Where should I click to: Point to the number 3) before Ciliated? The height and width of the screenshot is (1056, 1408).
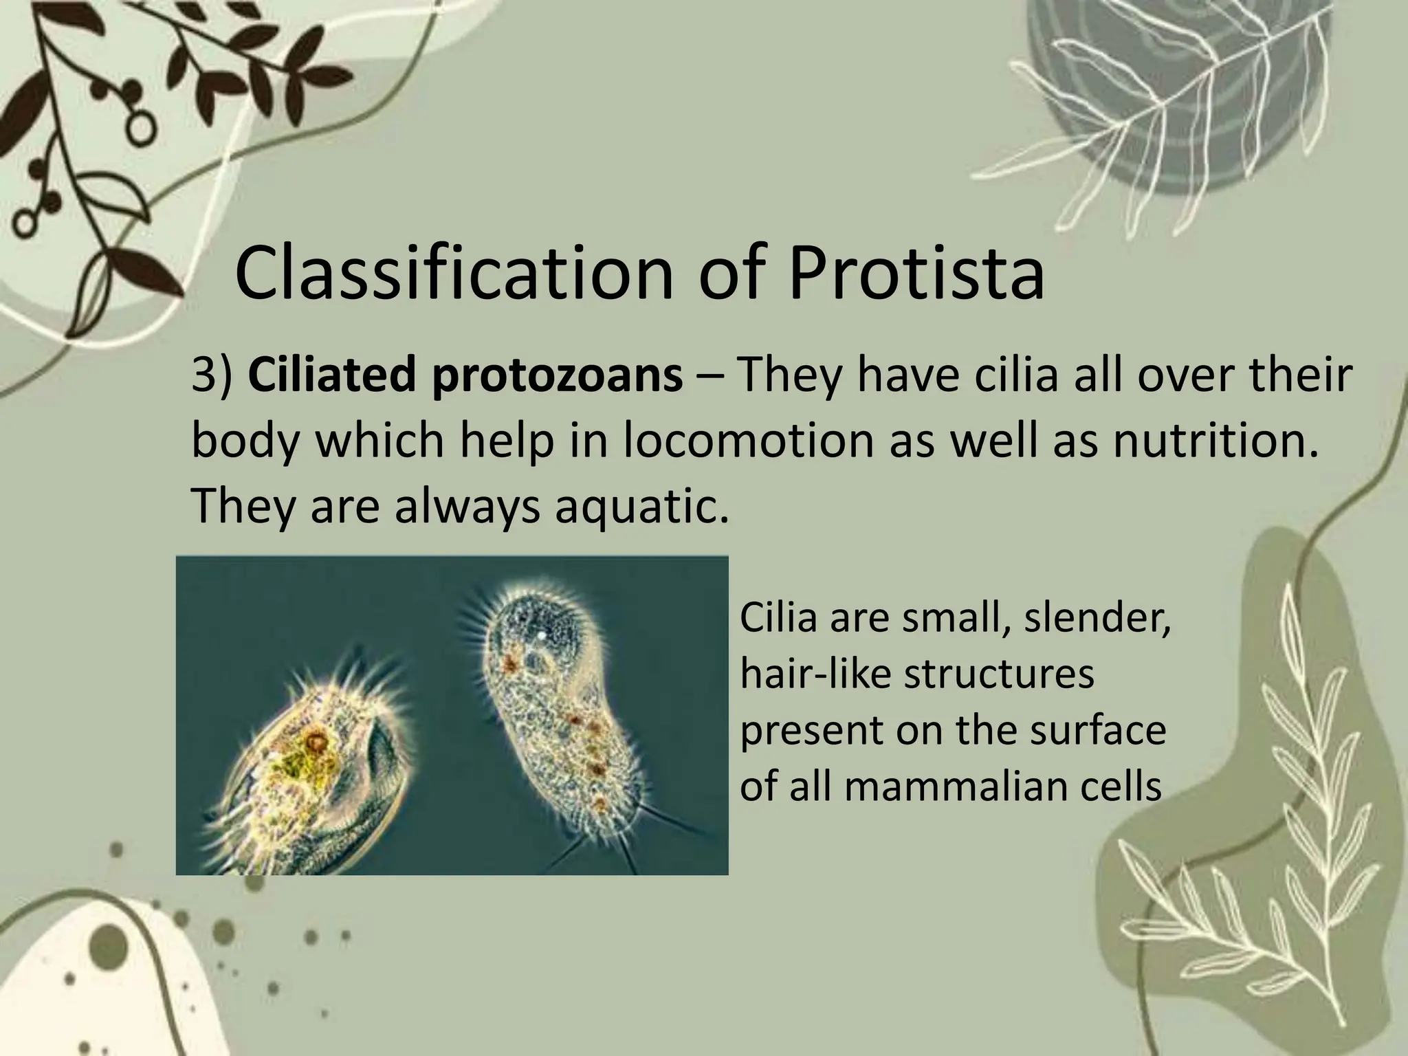[x=212, y=377]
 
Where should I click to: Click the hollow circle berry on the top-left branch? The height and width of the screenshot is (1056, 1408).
[x=140, y=126]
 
